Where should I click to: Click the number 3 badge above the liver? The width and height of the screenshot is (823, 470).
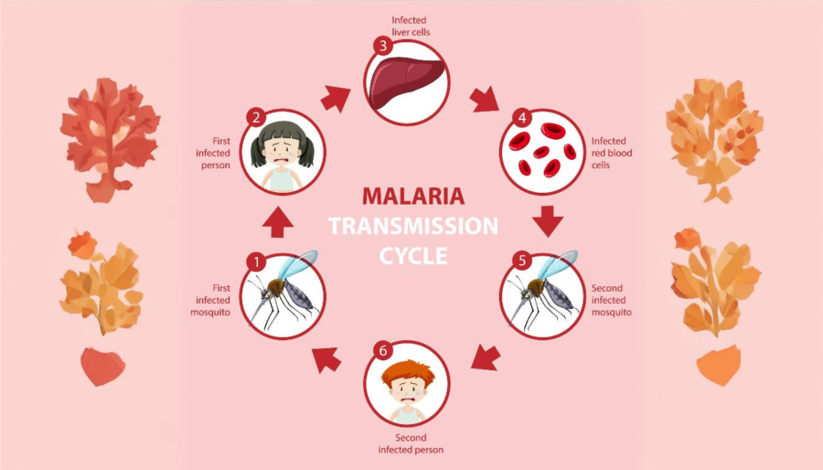click(x=383, y=46)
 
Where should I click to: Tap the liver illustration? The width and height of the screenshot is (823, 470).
click(x=407, y=83)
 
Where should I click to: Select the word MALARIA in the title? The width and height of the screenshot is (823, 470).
click(x=413, y=197)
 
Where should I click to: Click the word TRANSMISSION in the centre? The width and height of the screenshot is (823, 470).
click(x=413, y=226)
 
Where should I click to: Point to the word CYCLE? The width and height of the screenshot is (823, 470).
click(x=413, y=256)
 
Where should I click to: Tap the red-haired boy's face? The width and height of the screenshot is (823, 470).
click(x=407, y=390)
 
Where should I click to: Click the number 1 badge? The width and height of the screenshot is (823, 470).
click(x=256, y=262)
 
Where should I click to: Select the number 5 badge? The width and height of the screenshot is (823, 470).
click(x=522, y=261)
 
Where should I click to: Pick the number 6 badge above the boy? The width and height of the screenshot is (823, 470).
click(x=383, y=351)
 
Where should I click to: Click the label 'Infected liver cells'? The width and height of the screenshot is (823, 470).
click(x=411, y=27)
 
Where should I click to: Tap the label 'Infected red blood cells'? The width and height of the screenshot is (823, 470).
click(x=612, y=153)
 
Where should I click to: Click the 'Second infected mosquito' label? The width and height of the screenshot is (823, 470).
click(x=612, y=300)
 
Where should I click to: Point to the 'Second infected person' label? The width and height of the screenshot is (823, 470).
click(x=411, y=443)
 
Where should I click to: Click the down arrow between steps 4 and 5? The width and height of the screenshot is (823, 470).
click(x=548, y=221)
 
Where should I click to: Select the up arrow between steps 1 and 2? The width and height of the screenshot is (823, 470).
click(x=278, y=222)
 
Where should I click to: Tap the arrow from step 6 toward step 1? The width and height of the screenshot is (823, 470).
click(x=326, y=359)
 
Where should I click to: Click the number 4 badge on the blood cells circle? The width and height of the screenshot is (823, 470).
click(x=522, y=118)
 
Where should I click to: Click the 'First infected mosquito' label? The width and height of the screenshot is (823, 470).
click(x=210, y=300)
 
